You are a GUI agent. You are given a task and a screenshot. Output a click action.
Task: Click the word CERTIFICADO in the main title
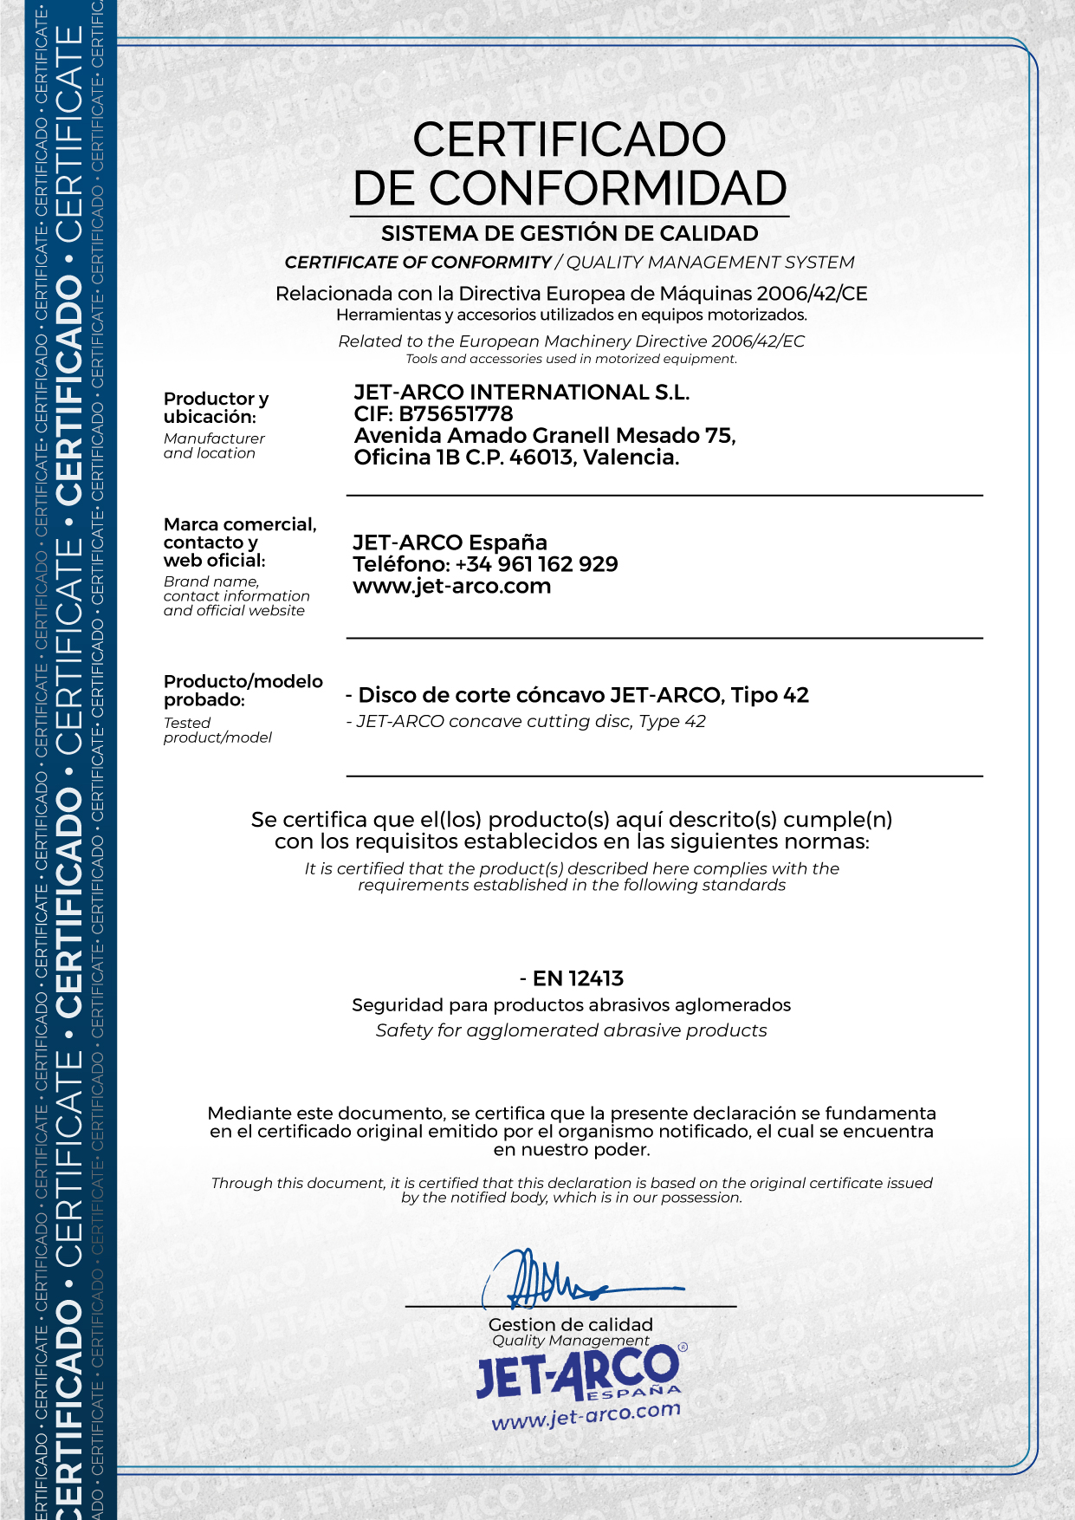(x=569, y=140)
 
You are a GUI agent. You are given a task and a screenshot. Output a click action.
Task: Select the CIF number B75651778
(x=456, y=414)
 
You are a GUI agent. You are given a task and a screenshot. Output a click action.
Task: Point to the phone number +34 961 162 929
(x=536, y=564)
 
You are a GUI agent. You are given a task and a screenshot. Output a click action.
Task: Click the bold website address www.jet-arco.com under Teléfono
(x=451, y=587)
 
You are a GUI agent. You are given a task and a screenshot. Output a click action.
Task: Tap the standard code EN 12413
(x=578, y=978)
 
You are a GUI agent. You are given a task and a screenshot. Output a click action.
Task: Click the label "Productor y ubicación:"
(x=216, y=407)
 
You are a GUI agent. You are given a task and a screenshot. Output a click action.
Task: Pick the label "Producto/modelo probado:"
(x=243, y=691)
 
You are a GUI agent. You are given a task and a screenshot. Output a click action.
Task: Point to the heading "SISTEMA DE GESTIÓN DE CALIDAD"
(x=569, y=234)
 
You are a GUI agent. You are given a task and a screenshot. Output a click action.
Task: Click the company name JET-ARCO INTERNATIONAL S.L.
(x=521, y=393)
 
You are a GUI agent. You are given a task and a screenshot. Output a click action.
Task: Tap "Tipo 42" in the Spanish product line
(x=769, y=695)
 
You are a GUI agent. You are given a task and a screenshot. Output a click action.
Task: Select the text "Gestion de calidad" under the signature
(x=570, y=1324)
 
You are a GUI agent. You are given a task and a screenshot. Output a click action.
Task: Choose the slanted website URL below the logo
(x=586, y=1415)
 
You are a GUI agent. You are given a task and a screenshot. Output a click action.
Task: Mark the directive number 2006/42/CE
(x=812, y=294)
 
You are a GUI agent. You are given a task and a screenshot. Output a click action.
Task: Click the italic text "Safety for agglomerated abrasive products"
(x=571, y=1030)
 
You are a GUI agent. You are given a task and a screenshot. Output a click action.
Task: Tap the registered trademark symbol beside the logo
(x=683, y=1348)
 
